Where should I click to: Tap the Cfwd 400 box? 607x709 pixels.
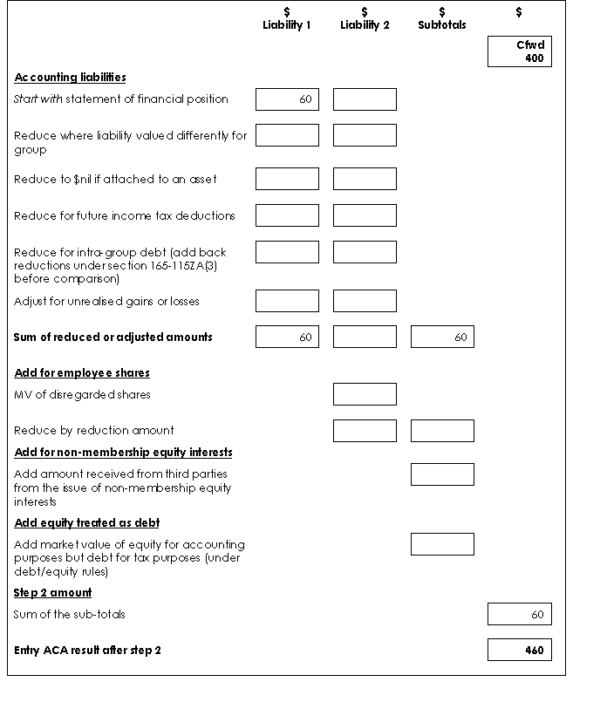[x=520, y=51]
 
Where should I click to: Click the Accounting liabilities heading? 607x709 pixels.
[x=70, y=78]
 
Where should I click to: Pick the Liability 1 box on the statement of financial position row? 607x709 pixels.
[x=287, y=99]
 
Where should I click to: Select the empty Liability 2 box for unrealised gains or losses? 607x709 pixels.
[x=365, y=301]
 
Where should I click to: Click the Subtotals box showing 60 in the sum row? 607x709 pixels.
[x=442, y=337]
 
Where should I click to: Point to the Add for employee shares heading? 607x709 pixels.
[x=82, y=373]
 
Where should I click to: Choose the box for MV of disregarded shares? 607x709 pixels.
[x=365, y=394]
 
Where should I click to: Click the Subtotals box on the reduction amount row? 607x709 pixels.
[x=442, y=430]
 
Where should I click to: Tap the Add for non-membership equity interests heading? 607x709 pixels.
[x=123, y=453]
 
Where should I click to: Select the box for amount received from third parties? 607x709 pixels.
[x=442, y=474]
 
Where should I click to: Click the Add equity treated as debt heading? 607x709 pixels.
[x=87, y=523]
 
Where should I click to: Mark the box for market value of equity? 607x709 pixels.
[x=442, y=544]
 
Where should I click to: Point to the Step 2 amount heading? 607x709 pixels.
[x=52, y=593]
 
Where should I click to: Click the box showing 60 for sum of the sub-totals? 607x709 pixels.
[x=520, y=614]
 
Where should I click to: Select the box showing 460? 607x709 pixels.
[x=520, y=650]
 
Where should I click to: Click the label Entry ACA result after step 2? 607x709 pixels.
[x=87, y=651]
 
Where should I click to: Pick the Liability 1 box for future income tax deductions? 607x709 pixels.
[x=287, y=215]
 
